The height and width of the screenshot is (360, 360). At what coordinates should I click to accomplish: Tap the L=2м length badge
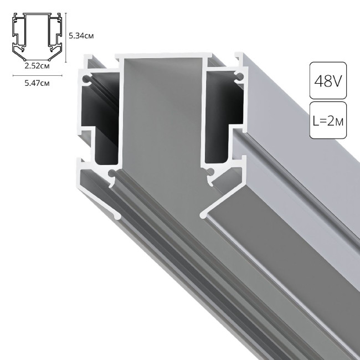[327, 120]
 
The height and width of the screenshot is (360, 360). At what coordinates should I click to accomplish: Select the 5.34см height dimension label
[80, 35]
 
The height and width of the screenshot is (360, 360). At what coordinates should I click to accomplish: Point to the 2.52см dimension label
[36, 66]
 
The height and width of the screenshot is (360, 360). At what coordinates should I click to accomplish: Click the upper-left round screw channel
[87, 79]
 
